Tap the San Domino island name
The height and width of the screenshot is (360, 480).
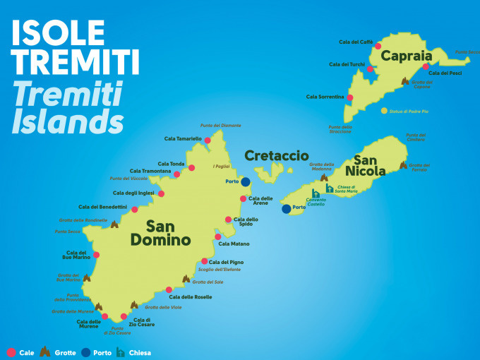pos(160,233)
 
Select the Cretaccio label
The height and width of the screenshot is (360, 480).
pos(277,155)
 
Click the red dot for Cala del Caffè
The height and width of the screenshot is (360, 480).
pos(378,46)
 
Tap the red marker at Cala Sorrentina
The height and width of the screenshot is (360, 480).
pos(350,97)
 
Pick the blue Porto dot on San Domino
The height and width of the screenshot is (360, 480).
pos(246,182)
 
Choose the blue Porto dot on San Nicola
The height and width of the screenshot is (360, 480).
pos(286,208)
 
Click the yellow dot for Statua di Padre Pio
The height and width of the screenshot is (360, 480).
pos(384,111)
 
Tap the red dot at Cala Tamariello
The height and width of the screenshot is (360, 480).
pos(208,140)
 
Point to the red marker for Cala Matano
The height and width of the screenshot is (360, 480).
pos(218,236)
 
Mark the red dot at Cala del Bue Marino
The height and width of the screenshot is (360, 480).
pos(96,255)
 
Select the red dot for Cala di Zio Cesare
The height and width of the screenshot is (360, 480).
pos(124,316)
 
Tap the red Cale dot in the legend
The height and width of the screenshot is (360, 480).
pos(10,352)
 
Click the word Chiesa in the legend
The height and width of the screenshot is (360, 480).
pos(140,352)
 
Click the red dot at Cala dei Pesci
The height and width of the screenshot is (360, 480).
pos(426,67)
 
